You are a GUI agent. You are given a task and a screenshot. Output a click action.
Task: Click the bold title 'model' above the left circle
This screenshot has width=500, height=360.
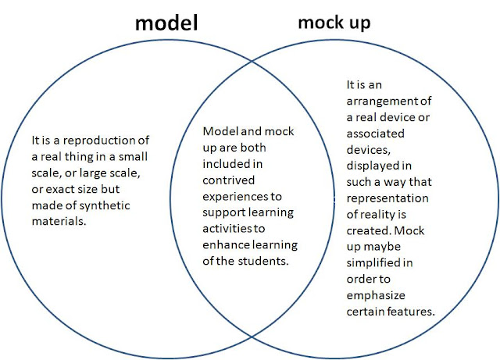(x=166, y=23)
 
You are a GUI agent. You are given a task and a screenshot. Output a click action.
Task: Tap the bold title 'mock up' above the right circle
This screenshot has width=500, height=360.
(x=334, y=23)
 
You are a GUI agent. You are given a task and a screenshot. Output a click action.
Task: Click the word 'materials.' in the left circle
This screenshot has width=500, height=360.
(x=59, y=221)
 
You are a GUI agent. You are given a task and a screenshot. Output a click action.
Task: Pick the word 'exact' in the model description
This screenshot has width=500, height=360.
(x=66, y=190)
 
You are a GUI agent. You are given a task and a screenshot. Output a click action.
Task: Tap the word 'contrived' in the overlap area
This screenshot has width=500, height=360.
(x=229, y=180)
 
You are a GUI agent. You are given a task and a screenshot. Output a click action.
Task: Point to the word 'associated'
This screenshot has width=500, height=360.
(x=376, y=134)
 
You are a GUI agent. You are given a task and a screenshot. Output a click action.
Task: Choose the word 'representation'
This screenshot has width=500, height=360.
(x=387, y=198)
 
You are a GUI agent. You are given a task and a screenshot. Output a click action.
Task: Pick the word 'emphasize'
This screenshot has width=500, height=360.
(x=376, y=296)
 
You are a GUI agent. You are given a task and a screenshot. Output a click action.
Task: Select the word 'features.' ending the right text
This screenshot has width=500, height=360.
(x=412, y=312)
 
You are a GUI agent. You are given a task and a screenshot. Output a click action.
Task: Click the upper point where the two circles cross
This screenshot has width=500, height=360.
(x=252, y=61)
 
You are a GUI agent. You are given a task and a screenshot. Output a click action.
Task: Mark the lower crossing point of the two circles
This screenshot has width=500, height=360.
(x=252, y=337)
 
